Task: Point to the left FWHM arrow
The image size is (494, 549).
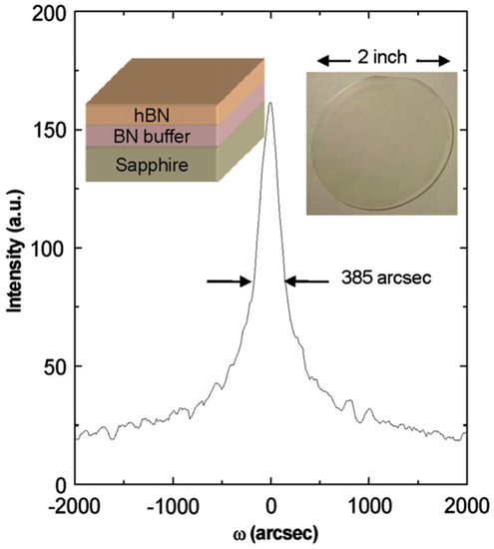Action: click(x=230, y=281)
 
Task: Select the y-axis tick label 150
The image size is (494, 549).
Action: click(x=52, y=131)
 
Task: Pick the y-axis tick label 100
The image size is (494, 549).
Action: click(x=52, y=249)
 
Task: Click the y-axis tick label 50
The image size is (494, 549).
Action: click(x=56, y=366)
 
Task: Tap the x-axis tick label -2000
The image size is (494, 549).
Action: click(x=76, y=502)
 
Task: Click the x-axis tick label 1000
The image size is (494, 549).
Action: click(x=369, y=502)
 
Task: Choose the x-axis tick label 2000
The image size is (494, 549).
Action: click(x=465, y=502)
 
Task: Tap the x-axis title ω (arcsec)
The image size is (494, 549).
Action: click(x=271, y=533)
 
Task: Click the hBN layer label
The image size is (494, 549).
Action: click(x=119, y=114)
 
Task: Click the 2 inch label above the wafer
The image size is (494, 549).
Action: click(x=379, y=57)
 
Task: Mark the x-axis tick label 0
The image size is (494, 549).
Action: click(x=271, y=502)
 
